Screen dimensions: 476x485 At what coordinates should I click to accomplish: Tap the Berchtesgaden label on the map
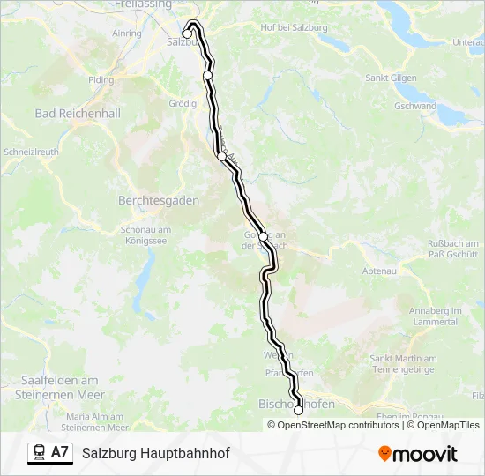point(159,200)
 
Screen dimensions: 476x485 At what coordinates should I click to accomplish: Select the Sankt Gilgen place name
point(391,78)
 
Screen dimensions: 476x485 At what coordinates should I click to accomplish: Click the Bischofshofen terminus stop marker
point(298,410)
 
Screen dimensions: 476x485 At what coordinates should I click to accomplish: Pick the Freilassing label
point(142,4)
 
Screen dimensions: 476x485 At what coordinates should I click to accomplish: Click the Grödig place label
point(182,103)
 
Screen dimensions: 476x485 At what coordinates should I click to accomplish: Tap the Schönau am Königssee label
point(145,234)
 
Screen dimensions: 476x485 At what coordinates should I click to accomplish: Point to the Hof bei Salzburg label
point(294,27)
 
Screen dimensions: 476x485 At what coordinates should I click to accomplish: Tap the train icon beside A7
point(39,452)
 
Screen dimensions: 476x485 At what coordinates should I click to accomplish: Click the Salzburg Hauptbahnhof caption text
point(155,453)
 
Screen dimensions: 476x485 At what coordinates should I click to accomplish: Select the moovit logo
point(418,454)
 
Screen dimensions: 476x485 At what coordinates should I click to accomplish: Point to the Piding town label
point(101,79)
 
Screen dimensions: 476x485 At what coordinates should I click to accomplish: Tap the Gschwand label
point(415,106)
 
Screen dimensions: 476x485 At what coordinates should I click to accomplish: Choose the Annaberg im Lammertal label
point(436,316)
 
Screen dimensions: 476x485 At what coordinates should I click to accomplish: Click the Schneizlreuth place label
point(31,151)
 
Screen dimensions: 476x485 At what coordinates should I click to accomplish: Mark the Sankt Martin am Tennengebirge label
point(404,363)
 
